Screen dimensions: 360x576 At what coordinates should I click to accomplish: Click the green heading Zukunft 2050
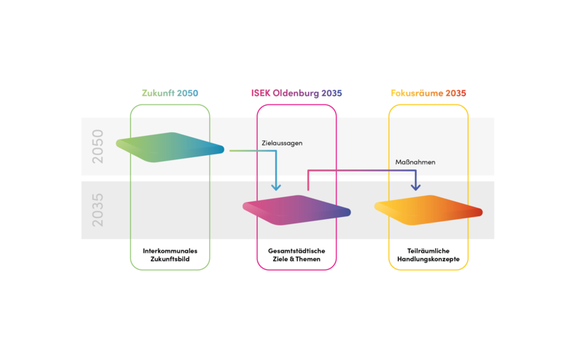170,93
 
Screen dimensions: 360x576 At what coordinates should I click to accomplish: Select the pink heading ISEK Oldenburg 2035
297,93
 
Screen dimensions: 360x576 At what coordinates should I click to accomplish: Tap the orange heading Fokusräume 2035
428,93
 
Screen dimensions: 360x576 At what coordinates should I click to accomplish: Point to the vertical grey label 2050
97,147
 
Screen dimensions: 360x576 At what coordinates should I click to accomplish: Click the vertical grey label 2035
97,210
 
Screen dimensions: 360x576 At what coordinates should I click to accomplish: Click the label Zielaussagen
282,143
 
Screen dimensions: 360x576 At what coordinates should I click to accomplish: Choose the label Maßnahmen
415,162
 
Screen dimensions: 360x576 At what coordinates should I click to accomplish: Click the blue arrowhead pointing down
277,187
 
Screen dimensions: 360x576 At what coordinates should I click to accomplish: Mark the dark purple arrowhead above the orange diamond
415,187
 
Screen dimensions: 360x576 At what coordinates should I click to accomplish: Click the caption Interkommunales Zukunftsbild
170,255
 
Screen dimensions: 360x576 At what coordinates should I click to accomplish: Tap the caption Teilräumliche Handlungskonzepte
428,255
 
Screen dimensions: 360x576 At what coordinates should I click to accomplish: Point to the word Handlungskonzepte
428,260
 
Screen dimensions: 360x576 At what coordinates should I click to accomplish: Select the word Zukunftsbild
170,260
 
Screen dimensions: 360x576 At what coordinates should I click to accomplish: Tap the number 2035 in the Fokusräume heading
454,93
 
